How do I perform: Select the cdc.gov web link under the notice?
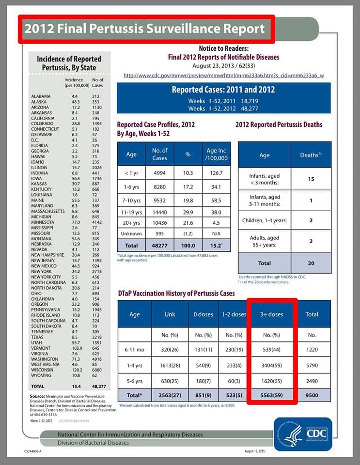pos(224,76)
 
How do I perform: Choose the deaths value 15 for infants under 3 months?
pos(311,179)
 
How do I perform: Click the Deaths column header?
pos(311,155)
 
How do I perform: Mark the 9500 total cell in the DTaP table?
pos(312,394)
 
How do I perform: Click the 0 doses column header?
pos(203,314)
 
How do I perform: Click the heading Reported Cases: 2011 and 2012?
pos(223,90)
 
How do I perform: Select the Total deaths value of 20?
pos(311,263)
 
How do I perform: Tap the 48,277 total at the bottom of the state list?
pos(98,387)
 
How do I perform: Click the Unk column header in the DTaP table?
pos(170,314)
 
